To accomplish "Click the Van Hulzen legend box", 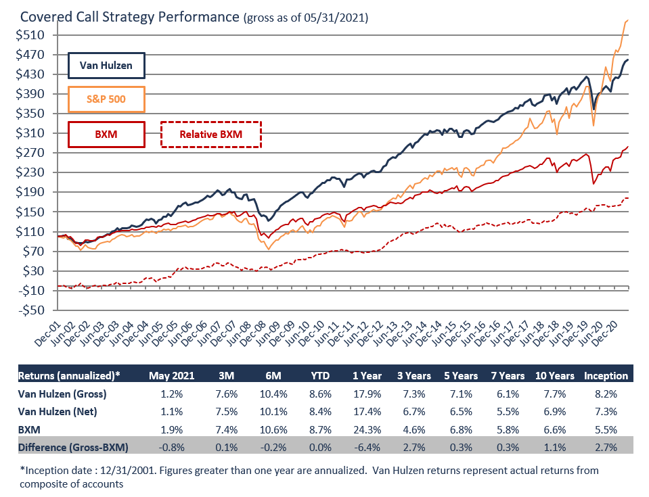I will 106,66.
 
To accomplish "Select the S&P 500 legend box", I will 106,100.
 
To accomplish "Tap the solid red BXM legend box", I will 106,134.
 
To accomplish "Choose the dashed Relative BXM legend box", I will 210,134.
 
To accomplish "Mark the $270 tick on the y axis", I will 29,153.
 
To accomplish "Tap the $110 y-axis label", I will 29,232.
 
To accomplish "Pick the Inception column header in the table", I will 606,375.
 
